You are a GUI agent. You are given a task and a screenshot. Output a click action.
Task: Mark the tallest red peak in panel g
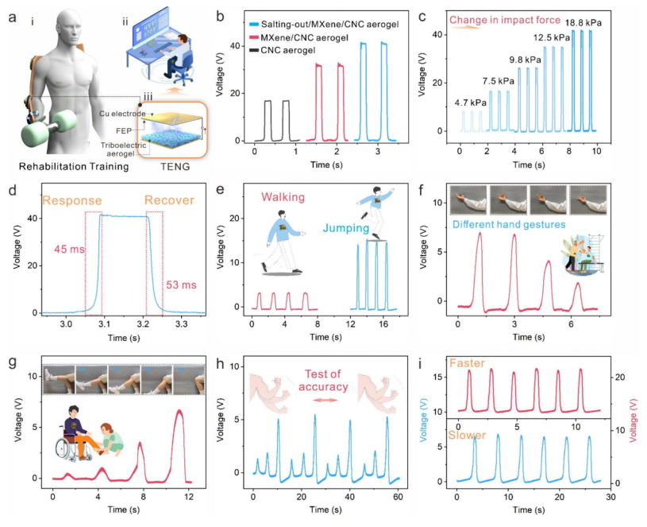pyautogui.click(x=179, y=411)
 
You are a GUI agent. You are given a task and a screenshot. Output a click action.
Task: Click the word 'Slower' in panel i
pyautogui.click(x=468, y=436)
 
